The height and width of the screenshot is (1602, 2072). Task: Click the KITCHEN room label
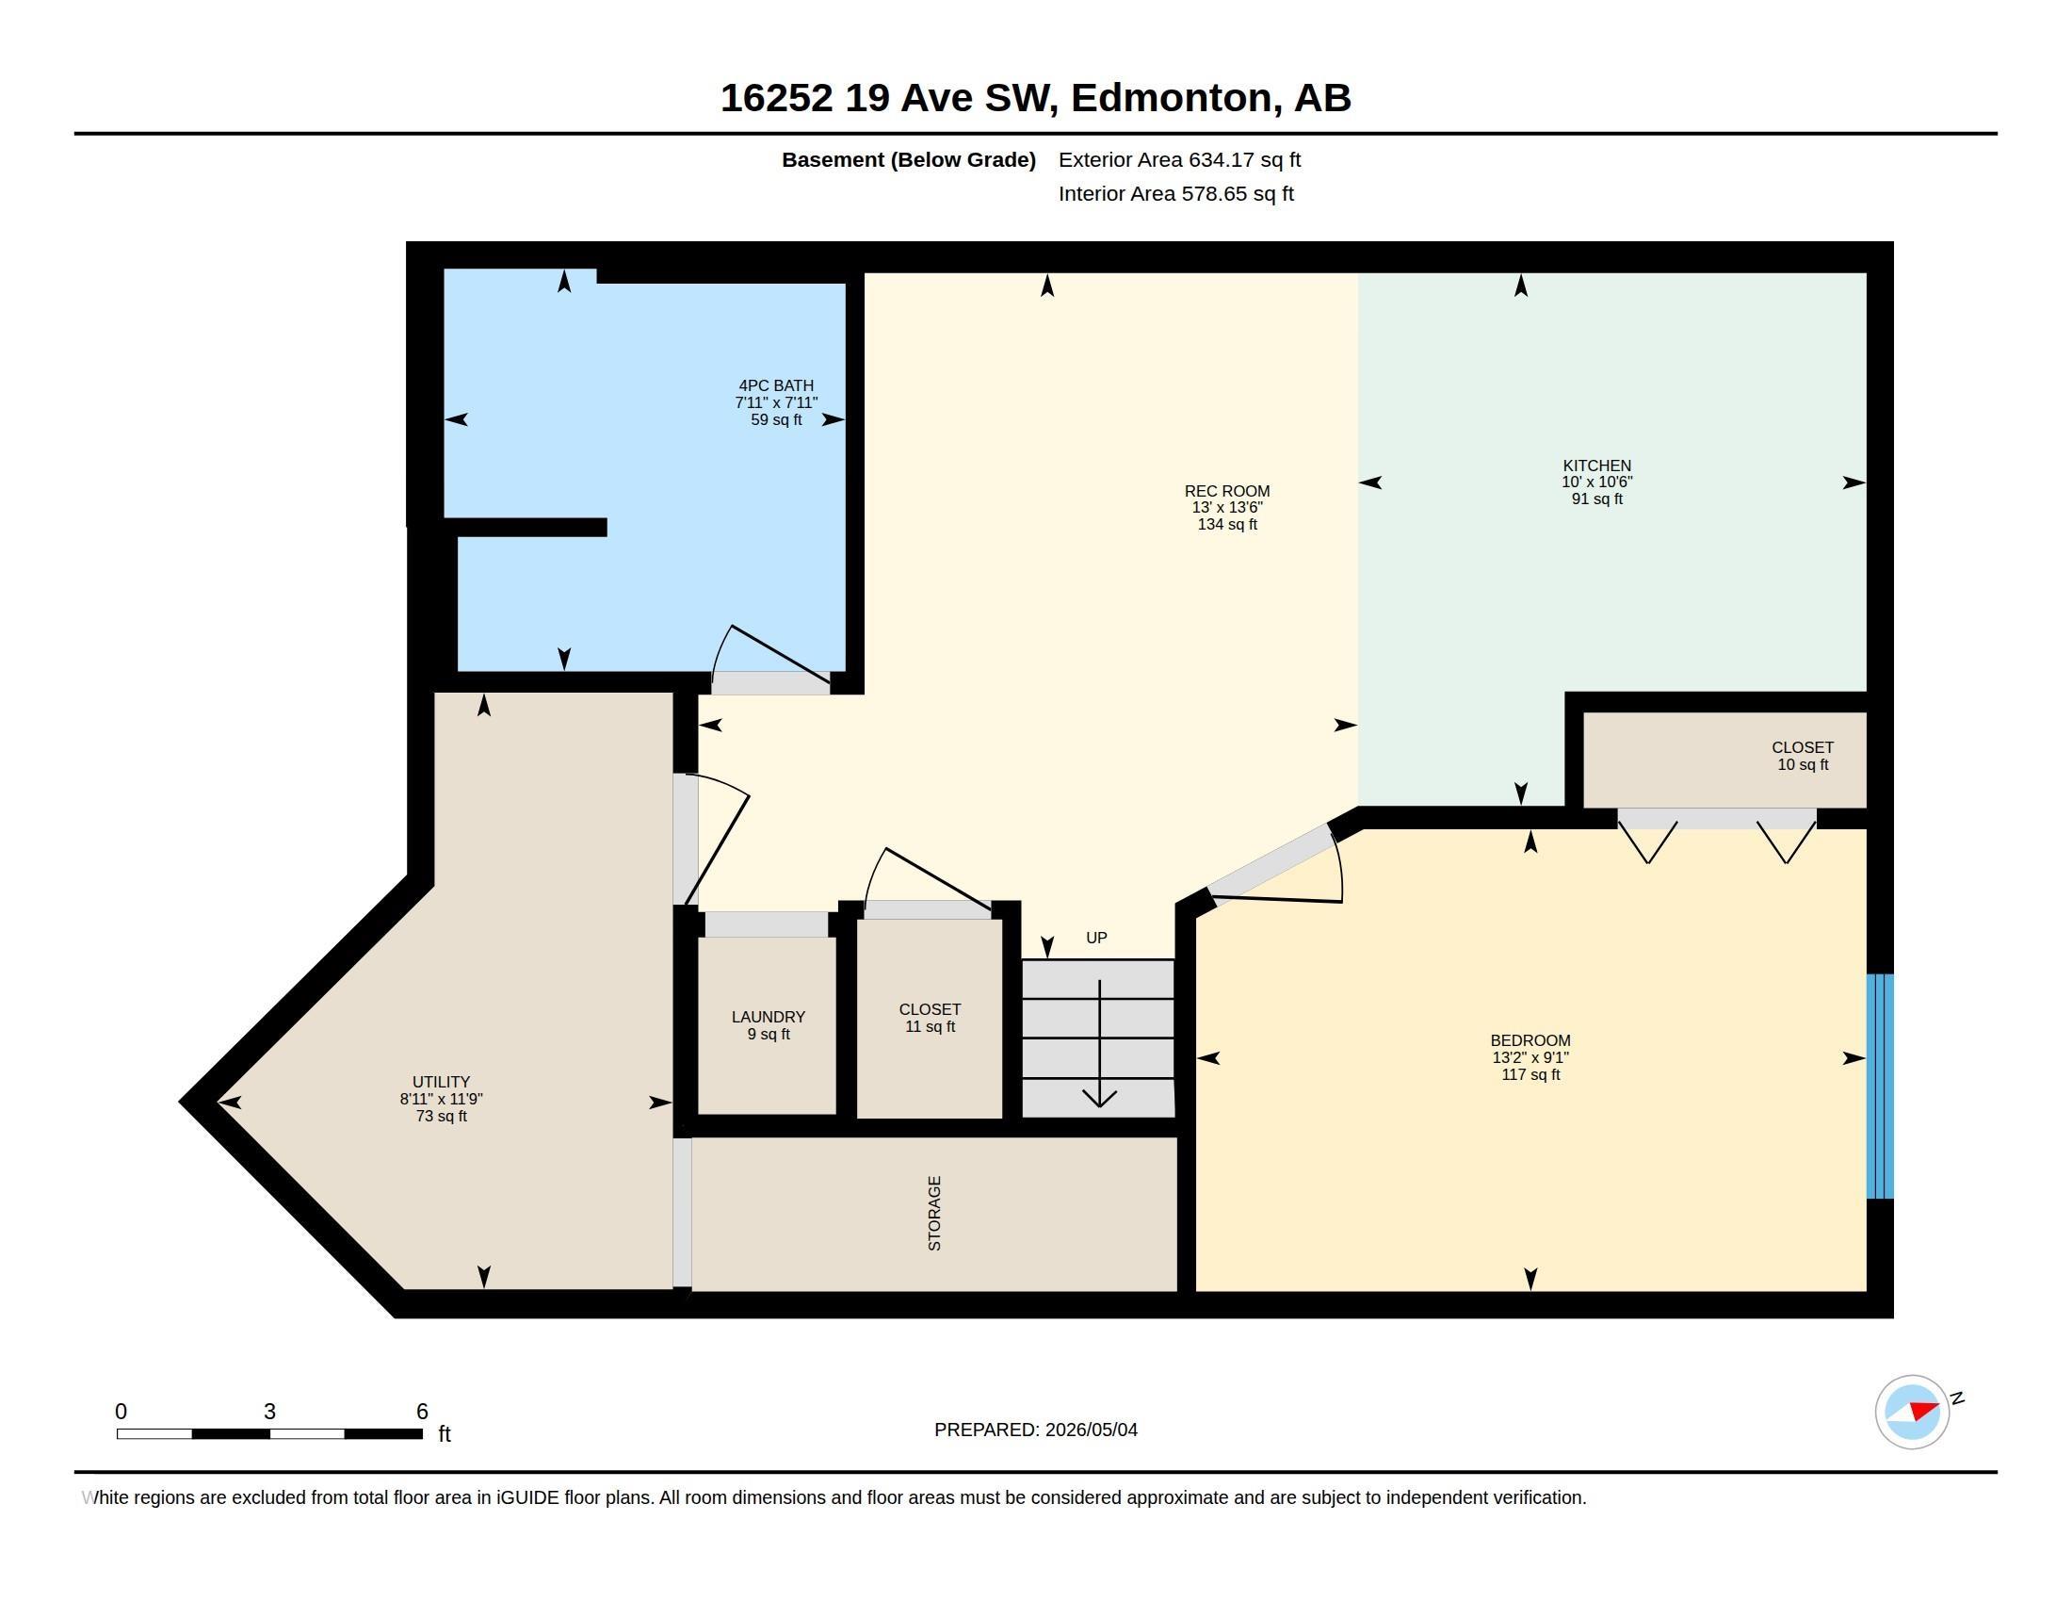(x=1596, y=465)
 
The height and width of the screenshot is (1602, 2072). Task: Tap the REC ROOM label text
(x=1226, y=491)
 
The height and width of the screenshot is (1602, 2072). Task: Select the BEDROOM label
(x=1530, y=1040)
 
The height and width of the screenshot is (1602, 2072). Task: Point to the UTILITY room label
(x=441, y=1082)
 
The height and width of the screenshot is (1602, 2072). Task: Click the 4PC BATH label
(x=776, y=385)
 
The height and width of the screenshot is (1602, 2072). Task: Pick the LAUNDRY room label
(x=769, y=1017)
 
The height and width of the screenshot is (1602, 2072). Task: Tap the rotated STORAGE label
(x=934, y=1214)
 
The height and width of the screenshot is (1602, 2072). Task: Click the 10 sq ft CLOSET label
(x=1803, y=756)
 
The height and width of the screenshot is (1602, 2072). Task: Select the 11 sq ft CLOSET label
(x=930, y=1018)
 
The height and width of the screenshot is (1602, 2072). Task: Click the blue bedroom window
(x=1880, y=1087)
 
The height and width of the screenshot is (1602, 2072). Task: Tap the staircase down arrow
(x=1099, y=1043)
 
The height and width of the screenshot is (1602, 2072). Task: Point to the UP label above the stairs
(x=1096, y=938)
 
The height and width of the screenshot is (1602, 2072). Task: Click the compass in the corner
(x=1912, y=1413)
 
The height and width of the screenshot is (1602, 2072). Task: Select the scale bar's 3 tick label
(x=269, y=1412)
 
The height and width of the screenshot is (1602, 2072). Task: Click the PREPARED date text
(x=1036, y=1430)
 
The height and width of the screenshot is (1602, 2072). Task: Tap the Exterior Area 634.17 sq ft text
(x=1179, y=159)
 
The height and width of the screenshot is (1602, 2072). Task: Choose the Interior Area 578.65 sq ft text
(x=1175, y=193)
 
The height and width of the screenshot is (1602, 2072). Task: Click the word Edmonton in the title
(x=1172, y=98)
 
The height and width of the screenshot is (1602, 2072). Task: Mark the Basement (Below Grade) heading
(x=908, y=159)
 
